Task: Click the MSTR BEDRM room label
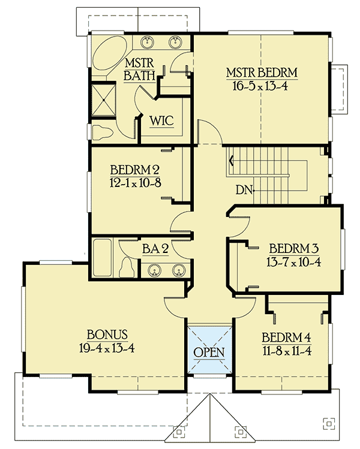tap(262, 74)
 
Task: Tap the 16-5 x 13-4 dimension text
tap(262, 85)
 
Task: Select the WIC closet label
tap(161, 120)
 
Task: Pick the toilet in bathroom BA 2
tap(127, 265)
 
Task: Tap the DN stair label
tap(242, 190)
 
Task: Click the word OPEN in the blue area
tap(209, 351)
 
